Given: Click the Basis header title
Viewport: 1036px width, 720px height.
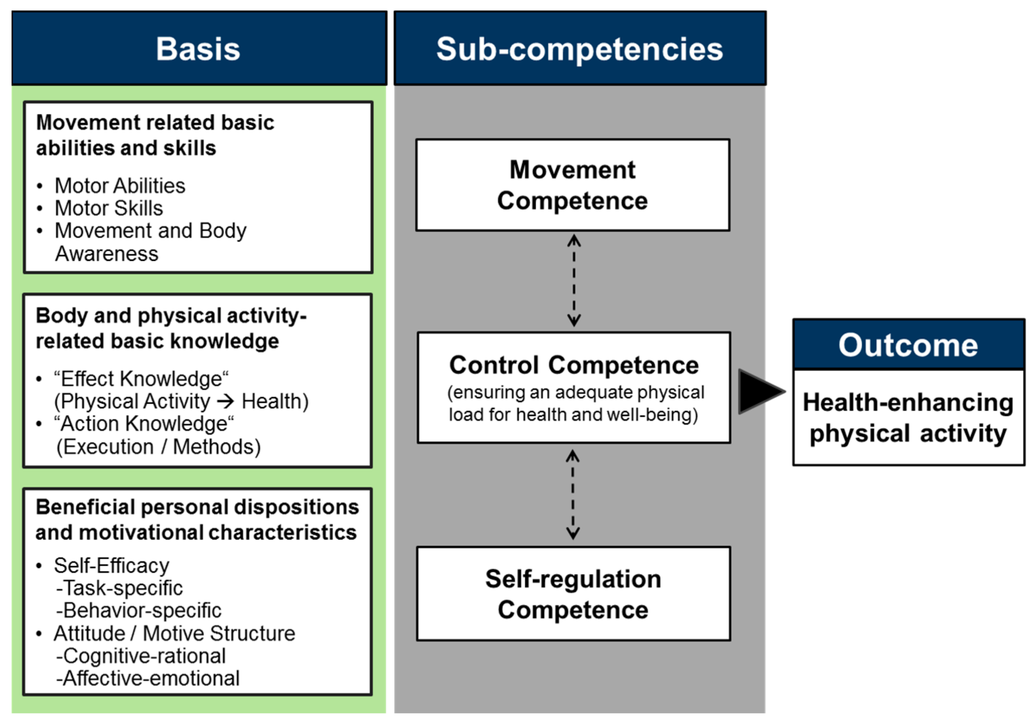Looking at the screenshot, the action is (198, 49).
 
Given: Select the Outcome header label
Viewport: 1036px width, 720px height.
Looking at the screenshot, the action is (908, 345).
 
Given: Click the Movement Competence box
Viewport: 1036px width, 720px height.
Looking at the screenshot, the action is (573, 185).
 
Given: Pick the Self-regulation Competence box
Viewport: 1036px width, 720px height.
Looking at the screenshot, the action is (574, 594).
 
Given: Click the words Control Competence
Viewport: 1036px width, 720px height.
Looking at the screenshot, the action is (574, 365).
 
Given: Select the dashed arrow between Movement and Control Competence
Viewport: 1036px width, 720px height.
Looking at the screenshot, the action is (574, 280).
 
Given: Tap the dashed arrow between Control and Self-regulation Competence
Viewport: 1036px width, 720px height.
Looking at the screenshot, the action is (573, 495).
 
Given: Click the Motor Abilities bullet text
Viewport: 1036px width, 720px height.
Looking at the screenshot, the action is (120, 186).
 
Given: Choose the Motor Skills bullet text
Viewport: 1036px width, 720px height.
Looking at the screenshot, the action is (109, 208).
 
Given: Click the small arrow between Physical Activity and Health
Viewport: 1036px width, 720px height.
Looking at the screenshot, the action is (226, 401).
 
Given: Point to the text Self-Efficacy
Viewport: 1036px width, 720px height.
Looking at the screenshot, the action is (112, 566).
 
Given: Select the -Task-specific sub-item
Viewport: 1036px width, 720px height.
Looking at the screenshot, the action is (120, 588).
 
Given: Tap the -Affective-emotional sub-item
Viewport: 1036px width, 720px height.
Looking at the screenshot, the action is (148, 678).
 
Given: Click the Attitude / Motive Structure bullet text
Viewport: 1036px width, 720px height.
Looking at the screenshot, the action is (174, 633).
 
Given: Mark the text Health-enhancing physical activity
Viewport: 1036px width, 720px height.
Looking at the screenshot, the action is (908, 418).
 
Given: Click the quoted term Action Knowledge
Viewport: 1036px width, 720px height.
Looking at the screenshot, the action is (144, 424).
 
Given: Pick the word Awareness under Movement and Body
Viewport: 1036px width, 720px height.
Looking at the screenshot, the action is (107, 254).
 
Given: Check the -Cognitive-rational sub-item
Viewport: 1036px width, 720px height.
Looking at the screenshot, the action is (141, 656).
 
